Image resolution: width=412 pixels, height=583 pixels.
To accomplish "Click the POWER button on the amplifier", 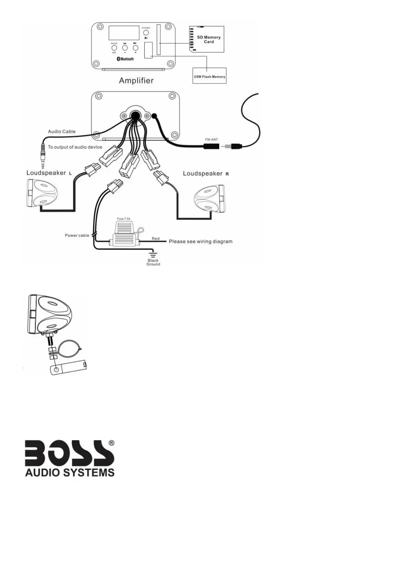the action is (146, 33).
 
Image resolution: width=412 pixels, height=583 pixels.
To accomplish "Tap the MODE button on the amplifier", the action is (114, 48).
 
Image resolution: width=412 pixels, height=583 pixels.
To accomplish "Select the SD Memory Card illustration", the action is (207, 39).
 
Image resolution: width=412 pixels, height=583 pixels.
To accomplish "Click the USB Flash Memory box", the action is (209, 76).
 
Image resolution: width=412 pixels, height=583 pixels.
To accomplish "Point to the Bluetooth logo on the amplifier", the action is (125, 59).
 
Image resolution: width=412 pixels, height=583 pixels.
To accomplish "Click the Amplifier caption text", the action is (136, 81).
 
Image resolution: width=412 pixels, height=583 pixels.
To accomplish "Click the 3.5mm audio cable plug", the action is (43, 154).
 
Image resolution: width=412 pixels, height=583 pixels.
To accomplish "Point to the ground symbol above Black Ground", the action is (153, 254).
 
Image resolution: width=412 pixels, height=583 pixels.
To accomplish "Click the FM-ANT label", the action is (212, 140).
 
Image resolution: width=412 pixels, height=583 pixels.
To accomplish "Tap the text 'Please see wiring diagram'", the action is (200, 241).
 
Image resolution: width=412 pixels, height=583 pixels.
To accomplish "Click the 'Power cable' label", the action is (77, 235).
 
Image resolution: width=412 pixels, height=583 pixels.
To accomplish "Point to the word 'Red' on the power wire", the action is (155, 239).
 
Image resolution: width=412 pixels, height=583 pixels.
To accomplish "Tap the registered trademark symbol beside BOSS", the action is (111, 443).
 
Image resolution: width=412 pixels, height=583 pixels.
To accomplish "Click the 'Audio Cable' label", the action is (62, 132).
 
